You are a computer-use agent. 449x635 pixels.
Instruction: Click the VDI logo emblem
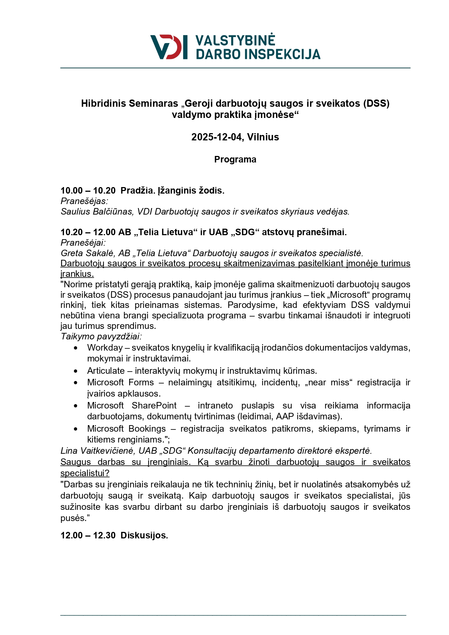pyautogui.click(x=169, y=47)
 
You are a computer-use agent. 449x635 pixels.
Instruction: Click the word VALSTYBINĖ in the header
pyautogui.click(x=235, y=41)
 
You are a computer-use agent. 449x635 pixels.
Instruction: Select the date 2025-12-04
pyautogui.click(x=217, y=137)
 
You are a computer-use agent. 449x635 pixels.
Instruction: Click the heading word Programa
pyautogui.click(x=235, y=160)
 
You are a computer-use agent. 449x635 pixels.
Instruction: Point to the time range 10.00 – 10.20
pyautogui.click(x=88, y=191)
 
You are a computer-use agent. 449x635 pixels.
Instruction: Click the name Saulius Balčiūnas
pyautogui.click(x=97, y=212)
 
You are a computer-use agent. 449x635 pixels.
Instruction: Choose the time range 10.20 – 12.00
pyautogui.click(x=88, y=232)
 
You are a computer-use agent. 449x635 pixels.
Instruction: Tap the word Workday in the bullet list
pyautogui.click(x=105, y=348)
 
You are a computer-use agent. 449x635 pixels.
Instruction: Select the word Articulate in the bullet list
pyautogui.click(x=106, y=371)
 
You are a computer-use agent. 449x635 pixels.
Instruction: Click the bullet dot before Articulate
pyautogui.click(x=75, y=371)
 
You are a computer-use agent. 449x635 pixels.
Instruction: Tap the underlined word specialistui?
pyautogui.click(x=85, y=473)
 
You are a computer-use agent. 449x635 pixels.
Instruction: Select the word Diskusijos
pyautogui.click(x=144, y=535)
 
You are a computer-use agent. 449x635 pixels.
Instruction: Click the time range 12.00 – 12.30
pyautogui.click(x=88, y=535)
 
